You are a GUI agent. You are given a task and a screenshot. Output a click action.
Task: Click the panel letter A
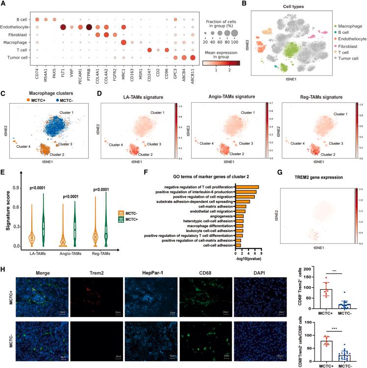tap(3, 4)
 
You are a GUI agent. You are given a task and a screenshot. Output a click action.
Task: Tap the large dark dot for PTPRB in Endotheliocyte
tap(89, 28)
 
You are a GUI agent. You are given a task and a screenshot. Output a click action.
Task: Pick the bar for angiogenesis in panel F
tap(240, 215)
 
